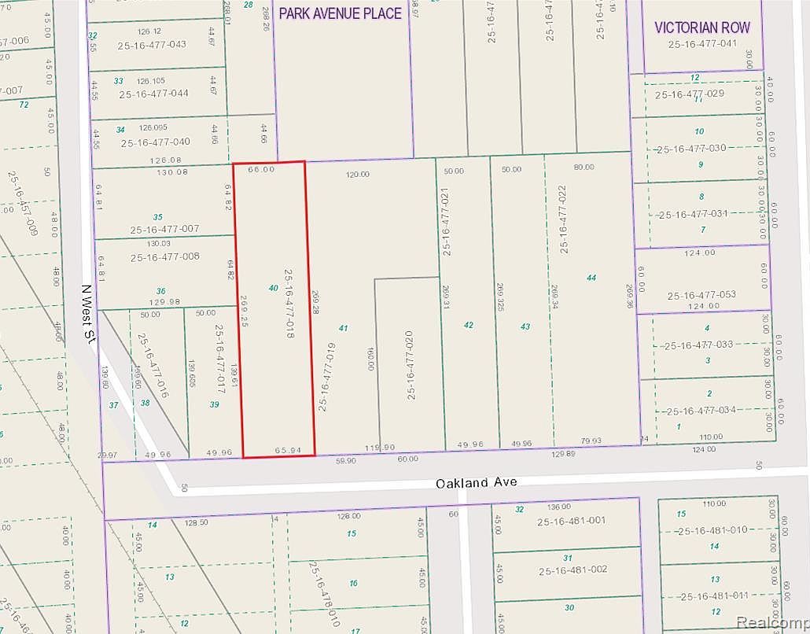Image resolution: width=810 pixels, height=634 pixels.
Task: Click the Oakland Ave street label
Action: click(477, 482)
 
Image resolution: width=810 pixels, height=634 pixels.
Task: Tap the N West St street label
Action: click(90, 313)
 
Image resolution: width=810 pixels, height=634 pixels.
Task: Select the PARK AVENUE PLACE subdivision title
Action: click(341, 13)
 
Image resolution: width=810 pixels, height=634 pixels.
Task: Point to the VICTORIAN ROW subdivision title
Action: click(702, 28)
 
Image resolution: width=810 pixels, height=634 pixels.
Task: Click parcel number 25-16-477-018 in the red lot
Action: click(289, 304)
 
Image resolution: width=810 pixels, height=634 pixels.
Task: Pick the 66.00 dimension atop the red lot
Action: click(260, 169)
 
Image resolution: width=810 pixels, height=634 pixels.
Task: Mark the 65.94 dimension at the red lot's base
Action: click(288, 450)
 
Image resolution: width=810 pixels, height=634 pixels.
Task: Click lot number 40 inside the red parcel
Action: click(273, 288)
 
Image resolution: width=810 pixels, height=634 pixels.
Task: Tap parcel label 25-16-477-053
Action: click(701, 295)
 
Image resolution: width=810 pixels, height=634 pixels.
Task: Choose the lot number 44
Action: click(591, 278)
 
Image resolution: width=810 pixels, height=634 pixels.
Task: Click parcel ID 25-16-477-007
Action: click(165, 229)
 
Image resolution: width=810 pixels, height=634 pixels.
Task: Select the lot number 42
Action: click(469, 325)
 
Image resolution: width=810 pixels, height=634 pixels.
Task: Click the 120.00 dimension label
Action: click(357, 174)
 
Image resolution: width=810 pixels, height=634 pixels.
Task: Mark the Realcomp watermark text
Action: click(772, 622)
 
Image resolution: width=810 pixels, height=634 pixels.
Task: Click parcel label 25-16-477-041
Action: click(702, 44)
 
